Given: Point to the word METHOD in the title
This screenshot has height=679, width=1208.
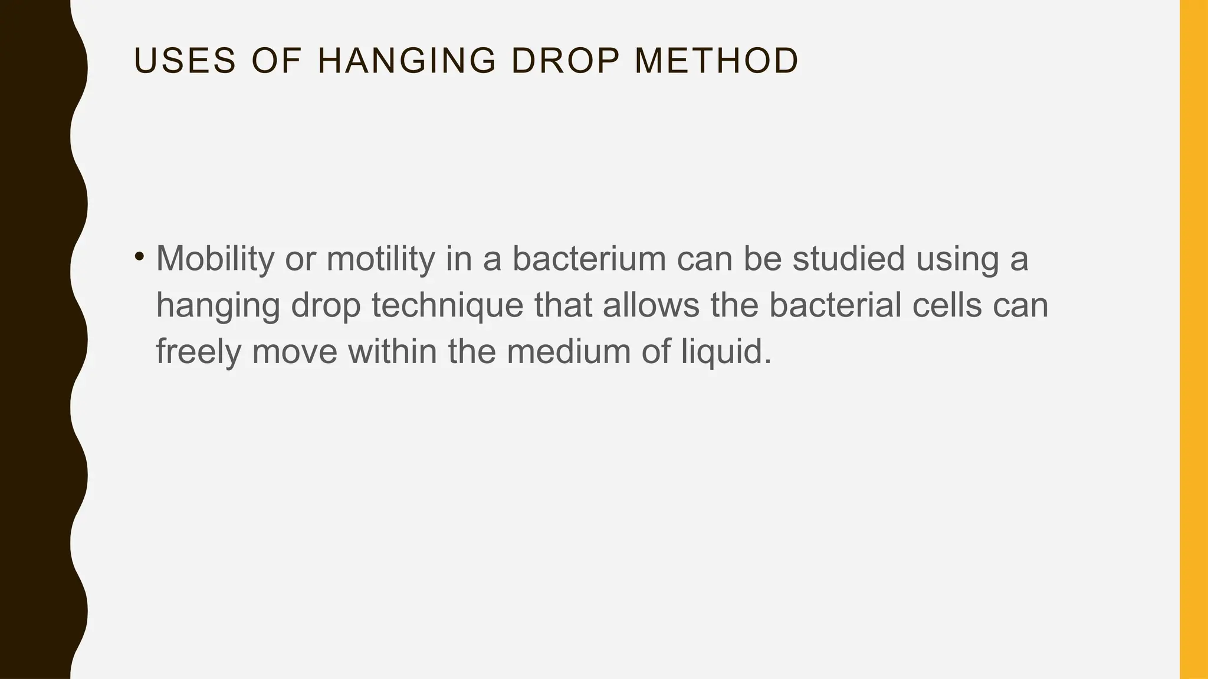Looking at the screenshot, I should pyautogui.click(x=717, y=61).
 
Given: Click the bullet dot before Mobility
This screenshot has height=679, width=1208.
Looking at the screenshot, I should pyautogui.click(x=139, y=256).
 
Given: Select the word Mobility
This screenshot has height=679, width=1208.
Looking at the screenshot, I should pyautogui.click(x=215, y=259).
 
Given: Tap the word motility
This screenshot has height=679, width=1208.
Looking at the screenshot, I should pyautogui.click(x=380, y=259).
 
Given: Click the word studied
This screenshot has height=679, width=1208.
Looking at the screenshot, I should pyautogui.click(x=848, y=259).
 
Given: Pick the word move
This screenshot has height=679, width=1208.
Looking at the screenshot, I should pyautogui.click(x=294, y=352).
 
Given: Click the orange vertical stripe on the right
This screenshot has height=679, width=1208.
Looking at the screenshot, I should pyautogui.click(x=1194, y=339).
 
